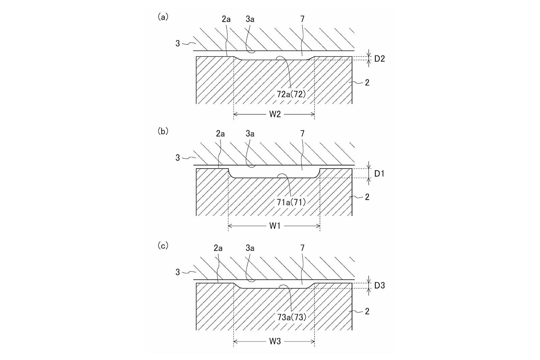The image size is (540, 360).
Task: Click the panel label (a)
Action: (163, 17)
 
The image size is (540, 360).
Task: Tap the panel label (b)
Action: (163, 131)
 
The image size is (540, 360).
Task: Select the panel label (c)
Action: (163, 246)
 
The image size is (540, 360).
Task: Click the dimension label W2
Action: (275, 114)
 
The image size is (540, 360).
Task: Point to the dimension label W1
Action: (275, 226)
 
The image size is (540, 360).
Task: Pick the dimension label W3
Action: (275, 341)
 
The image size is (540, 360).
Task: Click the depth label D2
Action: (379, 59)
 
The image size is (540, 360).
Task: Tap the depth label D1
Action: (379, 174)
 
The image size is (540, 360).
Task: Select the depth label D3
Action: (379, 285)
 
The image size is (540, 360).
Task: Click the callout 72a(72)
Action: (291, 94)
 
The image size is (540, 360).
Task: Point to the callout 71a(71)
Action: (291, 202)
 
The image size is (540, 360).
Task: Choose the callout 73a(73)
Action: (292, 317)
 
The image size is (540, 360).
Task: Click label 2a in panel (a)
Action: (226, 19)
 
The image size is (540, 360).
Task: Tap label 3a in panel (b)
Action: (250, 134)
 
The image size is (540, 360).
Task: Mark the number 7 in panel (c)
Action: (302, 248)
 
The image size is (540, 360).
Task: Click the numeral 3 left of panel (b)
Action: (178, 158)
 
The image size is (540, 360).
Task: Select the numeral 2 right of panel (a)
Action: (367, 83)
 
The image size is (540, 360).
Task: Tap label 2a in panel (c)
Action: (218, 248)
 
